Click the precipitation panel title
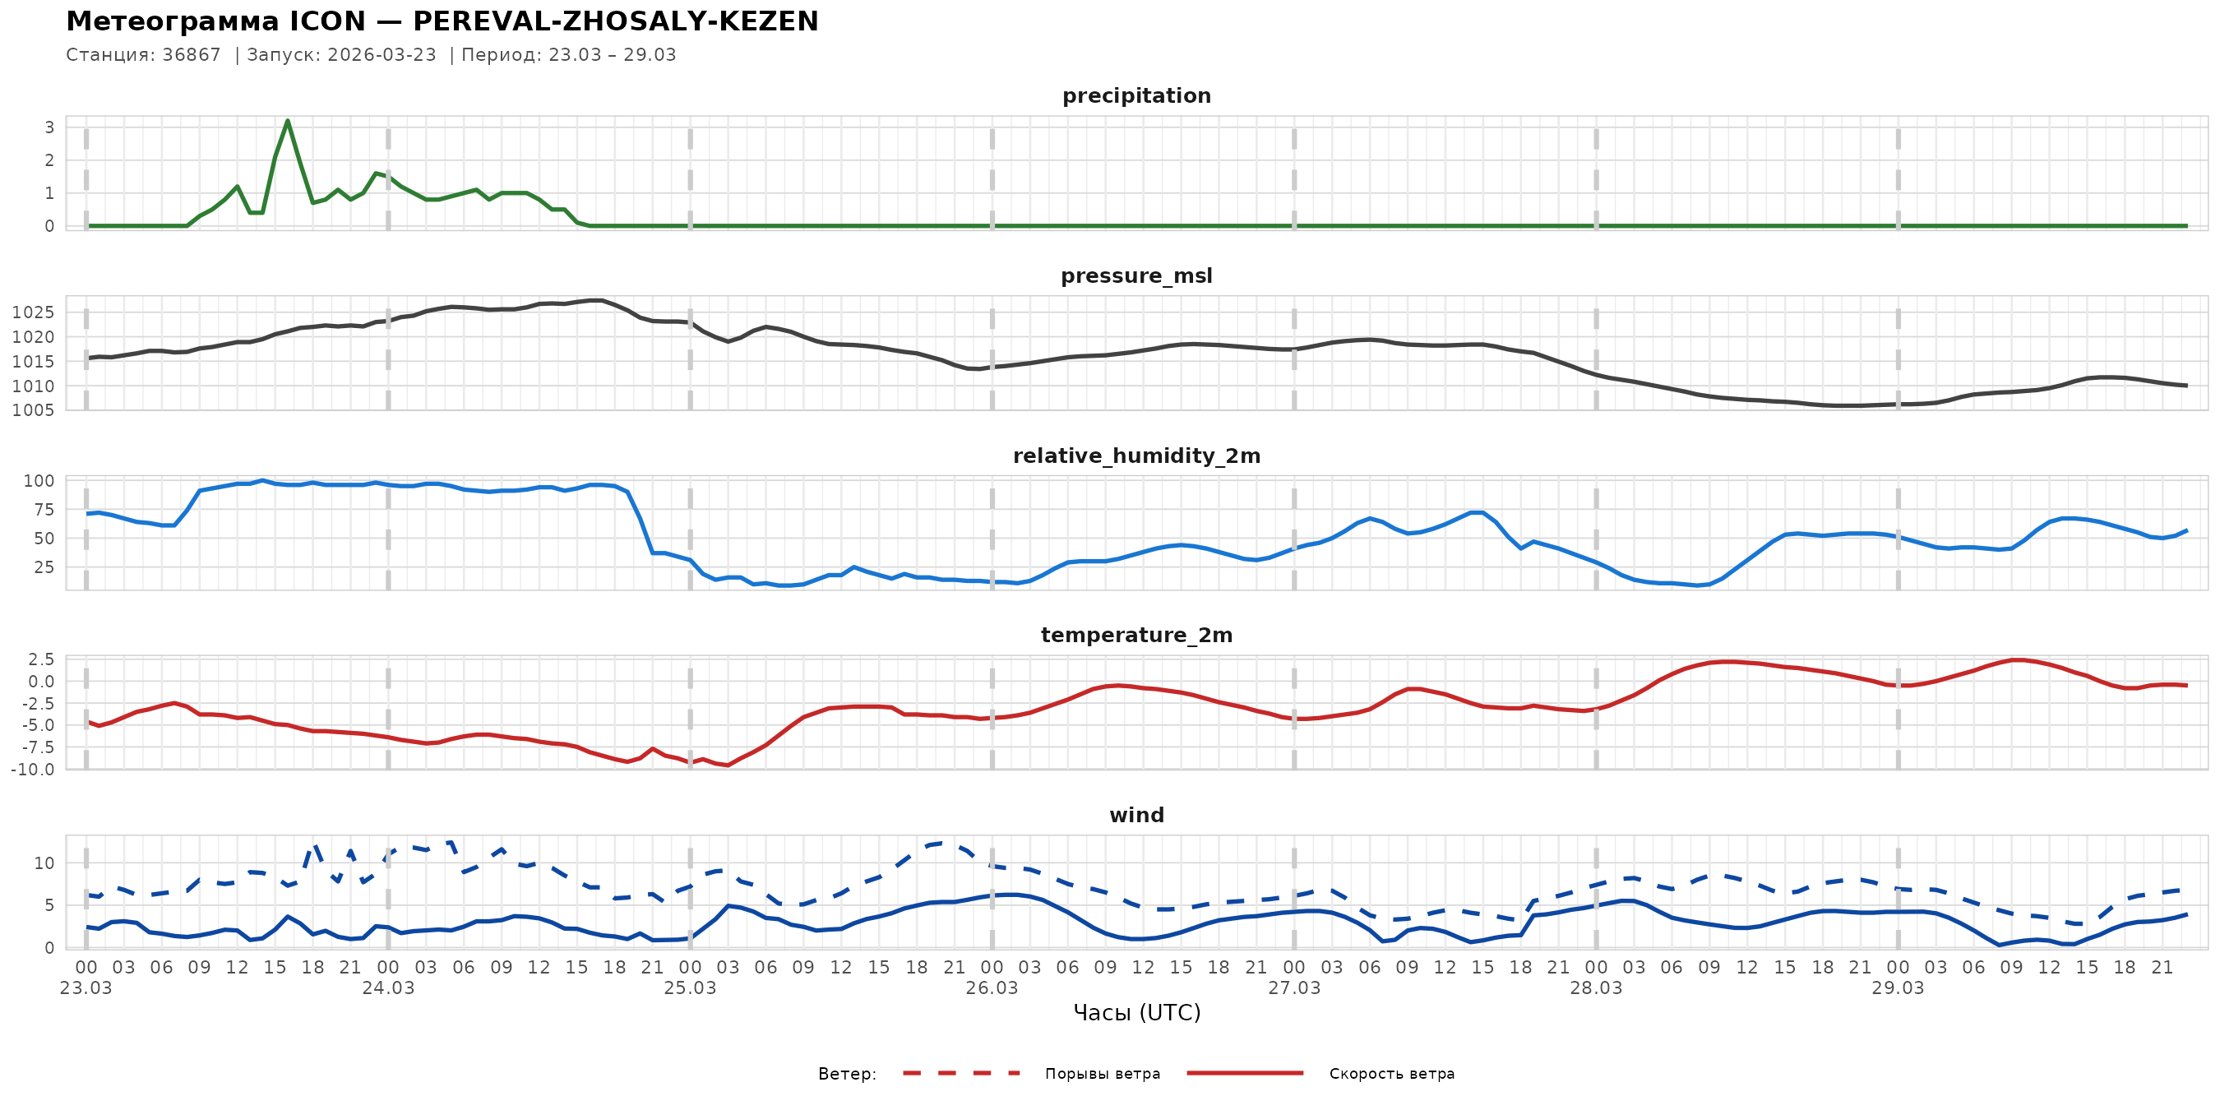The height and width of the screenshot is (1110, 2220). point(1135,95)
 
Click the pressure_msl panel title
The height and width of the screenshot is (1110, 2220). point(1135,275)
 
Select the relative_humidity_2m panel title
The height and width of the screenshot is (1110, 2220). point(1135,456)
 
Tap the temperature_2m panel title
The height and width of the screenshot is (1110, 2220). point(1135,635)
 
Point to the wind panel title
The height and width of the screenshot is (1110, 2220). point(1135,816)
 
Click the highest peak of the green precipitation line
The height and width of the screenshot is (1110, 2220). point(287,121)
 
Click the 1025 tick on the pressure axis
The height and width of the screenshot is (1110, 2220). point(33,312)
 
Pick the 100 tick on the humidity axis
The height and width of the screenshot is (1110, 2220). point(38,481)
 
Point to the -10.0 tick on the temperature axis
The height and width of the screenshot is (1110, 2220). point(33,769)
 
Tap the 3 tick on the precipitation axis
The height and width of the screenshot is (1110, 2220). point(49,127)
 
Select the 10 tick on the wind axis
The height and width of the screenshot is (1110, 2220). point(43,863)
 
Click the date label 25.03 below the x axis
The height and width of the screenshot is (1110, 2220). point(690,987)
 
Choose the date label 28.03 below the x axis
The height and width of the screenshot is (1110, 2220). point(1595,987)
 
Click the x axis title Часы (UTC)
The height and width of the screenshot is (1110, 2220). point(1135,1013)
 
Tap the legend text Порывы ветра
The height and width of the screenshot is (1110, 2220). point(1103,1074)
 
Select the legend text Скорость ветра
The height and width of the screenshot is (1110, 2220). point(1391,1074)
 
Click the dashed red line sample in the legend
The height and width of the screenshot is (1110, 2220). point(961,1073)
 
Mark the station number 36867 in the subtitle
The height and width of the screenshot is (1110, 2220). point(192,55)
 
